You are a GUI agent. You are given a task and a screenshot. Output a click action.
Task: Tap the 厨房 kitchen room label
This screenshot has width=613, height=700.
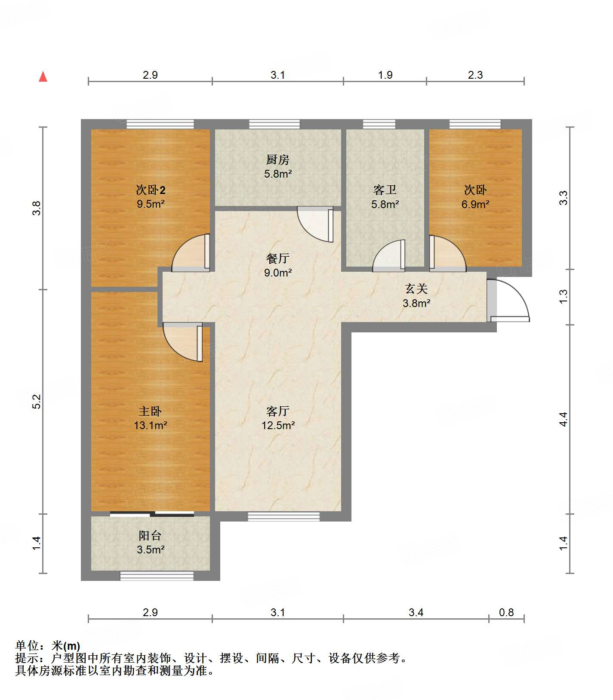click(x=278, y=160)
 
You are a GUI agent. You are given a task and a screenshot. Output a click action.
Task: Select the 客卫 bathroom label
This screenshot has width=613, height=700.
click(x=385, y=190)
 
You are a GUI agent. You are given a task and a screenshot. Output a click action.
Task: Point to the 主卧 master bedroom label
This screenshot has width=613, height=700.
click(x=150, y=411)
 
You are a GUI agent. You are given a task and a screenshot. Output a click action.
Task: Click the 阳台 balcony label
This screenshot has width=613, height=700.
click(x=150, y=535)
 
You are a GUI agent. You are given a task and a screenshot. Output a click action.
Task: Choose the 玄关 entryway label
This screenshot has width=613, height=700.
click(x=416, y=289)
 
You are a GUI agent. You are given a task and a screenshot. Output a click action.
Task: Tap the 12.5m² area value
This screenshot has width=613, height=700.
click(x=278, y=425)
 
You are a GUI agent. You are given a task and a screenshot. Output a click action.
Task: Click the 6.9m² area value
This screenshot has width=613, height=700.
click(x=475, y=204)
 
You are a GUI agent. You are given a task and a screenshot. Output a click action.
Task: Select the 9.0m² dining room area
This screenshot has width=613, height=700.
click(x=278, y=272)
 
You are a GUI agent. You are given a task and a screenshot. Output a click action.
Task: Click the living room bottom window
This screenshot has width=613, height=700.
click(x=284, y=516)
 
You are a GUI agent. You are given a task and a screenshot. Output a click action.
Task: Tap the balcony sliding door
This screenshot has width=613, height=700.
click(x=152, y=513)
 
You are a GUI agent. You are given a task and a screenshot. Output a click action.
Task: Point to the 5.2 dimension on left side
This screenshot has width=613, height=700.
click(x=37, y=401)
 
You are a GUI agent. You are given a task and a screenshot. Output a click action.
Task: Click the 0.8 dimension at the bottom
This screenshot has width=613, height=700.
click(x=506, y=612)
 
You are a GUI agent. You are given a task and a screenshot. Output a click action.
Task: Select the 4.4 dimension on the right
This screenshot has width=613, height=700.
click(x=563, y=419)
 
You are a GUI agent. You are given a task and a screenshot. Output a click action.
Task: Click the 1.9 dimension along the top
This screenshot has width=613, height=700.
click(x=385, y=75)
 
